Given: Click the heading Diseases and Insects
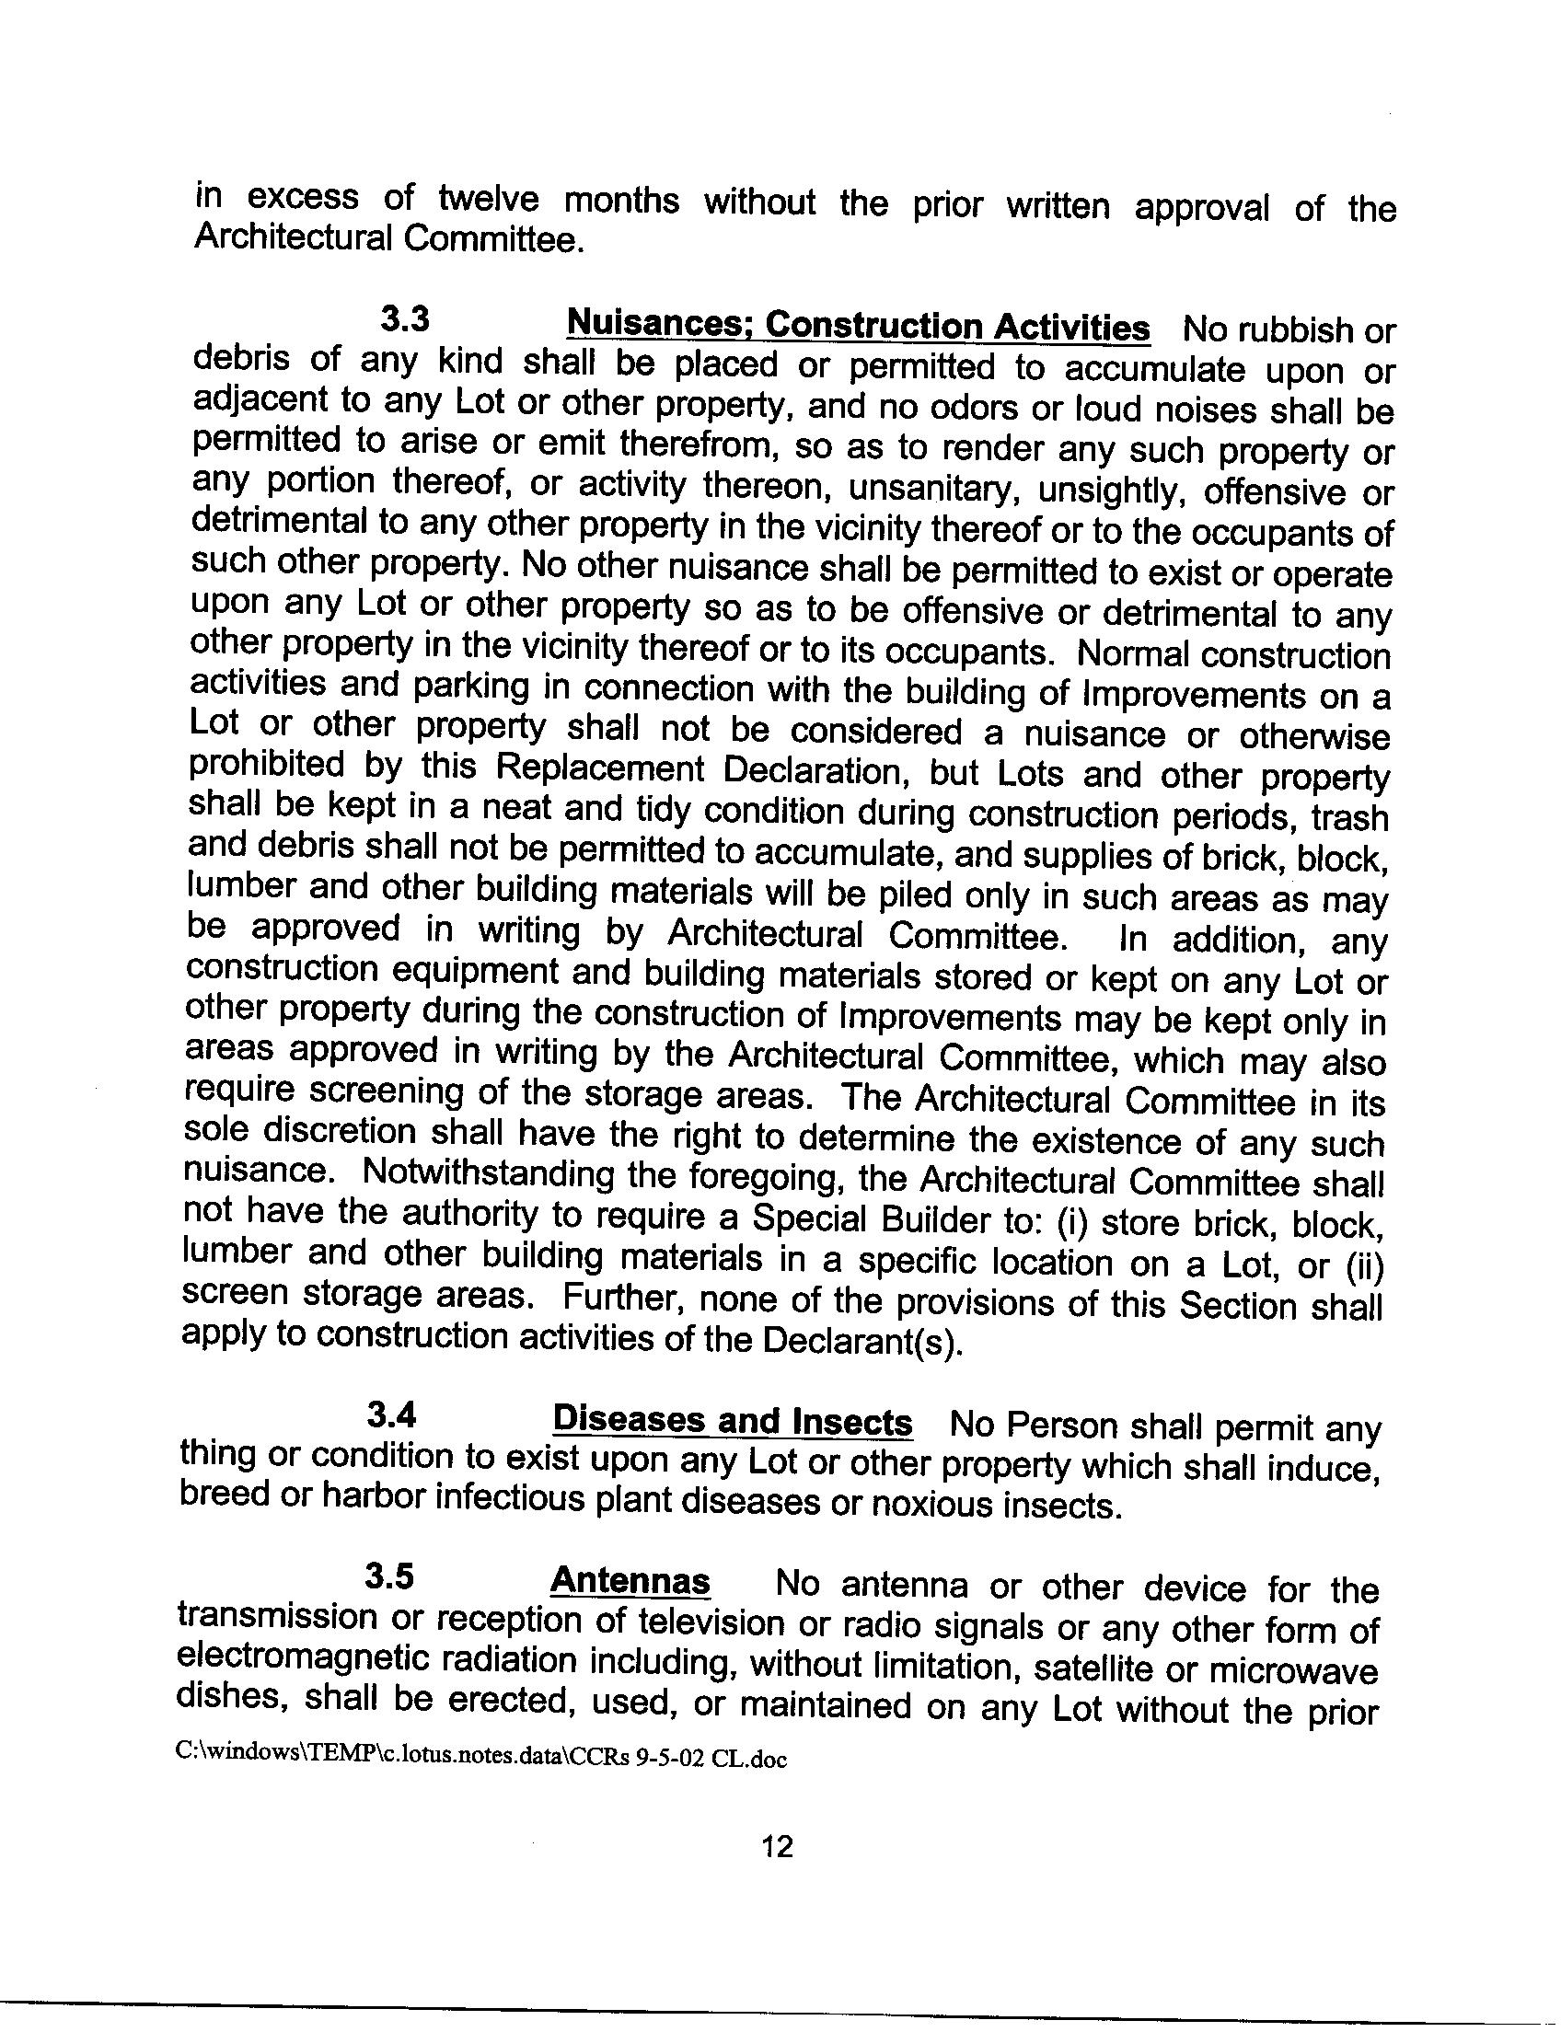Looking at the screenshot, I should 733,1421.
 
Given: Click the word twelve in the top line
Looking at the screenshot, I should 488,199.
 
